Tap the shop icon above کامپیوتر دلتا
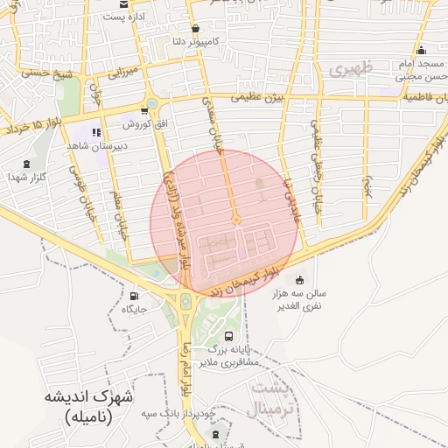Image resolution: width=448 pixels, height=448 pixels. [x=193, y=28]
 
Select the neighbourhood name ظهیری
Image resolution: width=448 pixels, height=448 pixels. [x=353, y=66]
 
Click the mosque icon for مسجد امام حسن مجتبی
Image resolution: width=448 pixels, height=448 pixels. [x=422, y=50]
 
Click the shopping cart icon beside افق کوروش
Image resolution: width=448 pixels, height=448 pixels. [x=143, y=111]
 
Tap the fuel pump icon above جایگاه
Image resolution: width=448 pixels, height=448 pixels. [x=134, y=295]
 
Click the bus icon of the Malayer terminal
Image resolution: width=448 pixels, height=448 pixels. [x=229, y=336]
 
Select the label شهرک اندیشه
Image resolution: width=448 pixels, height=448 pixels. [x=92, y=396]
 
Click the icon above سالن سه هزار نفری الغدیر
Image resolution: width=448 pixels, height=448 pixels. [x=299, y=280]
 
